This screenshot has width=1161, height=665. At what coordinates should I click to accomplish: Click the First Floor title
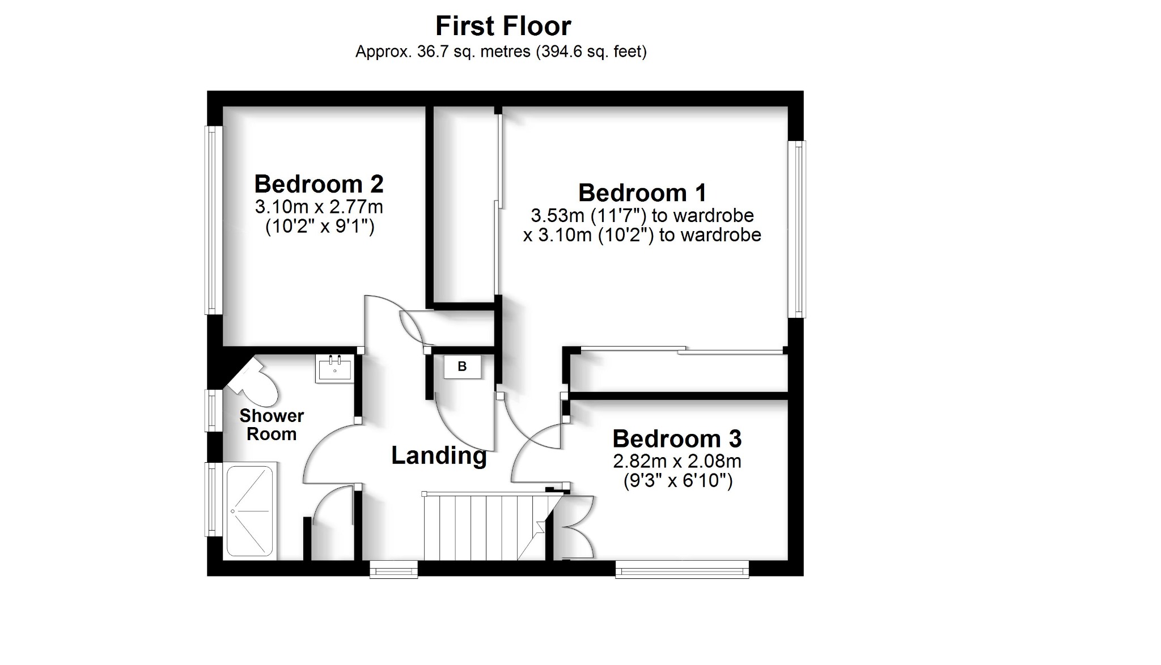coord(503,26)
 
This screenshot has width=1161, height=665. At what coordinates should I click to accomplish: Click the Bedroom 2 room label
coord(319,184)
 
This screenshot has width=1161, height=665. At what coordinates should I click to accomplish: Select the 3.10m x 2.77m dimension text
coord(319,207)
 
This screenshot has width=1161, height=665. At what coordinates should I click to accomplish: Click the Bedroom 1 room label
coord(642,193)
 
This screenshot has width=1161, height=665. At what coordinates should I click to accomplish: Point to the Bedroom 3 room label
coord(676,439)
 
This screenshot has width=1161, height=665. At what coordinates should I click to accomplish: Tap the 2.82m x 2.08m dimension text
coord(676,461)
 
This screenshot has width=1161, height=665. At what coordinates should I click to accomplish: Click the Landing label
coord(439,455)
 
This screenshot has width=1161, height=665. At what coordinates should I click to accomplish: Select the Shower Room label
coord(271,425)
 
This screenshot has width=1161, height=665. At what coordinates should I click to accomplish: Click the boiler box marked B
coord(462,367)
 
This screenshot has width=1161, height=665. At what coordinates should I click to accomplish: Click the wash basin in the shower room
coord(334,369)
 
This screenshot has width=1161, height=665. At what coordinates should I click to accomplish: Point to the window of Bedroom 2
coord(213,220)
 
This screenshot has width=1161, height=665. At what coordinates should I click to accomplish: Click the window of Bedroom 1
coord(799,229)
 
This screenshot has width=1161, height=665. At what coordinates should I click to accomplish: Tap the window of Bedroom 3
coord(682,569)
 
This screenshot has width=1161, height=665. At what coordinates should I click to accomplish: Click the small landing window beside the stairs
coord(393,569)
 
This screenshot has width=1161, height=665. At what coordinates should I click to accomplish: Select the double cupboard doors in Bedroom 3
coord(577,527)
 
